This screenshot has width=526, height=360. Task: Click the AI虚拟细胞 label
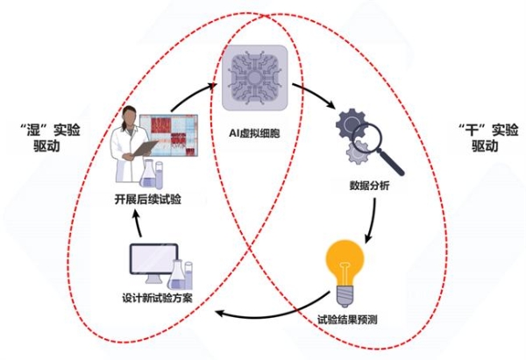tap(254, 133)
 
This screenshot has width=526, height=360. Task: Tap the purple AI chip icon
tap(255, 78)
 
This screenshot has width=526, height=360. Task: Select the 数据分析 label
tap(369, 186)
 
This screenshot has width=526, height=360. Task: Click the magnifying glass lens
tap(367, 138)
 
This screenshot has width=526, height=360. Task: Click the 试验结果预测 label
tap(347, 320)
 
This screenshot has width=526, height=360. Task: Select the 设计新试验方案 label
tap(157, 298)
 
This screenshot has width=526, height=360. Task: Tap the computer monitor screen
tap(154, 258)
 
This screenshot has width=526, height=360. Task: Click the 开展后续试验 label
tap(147, 200)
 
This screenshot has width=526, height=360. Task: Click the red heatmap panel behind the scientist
tap(168, 135)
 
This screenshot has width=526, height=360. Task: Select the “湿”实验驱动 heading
tap(50, 138)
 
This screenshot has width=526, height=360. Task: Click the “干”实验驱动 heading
tap(488, 138)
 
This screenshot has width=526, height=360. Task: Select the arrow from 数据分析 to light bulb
tap(372, 221)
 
